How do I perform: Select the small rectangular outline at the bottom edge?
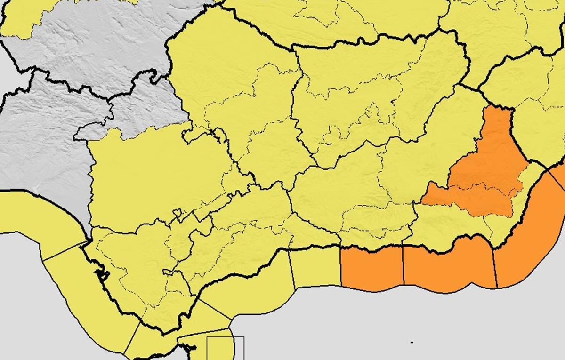tap(226, 348)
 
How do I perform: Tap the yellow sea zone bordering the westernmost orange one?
tap(315, 268)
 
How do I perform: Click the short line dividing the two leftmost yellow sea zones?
tap(64, 252)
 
